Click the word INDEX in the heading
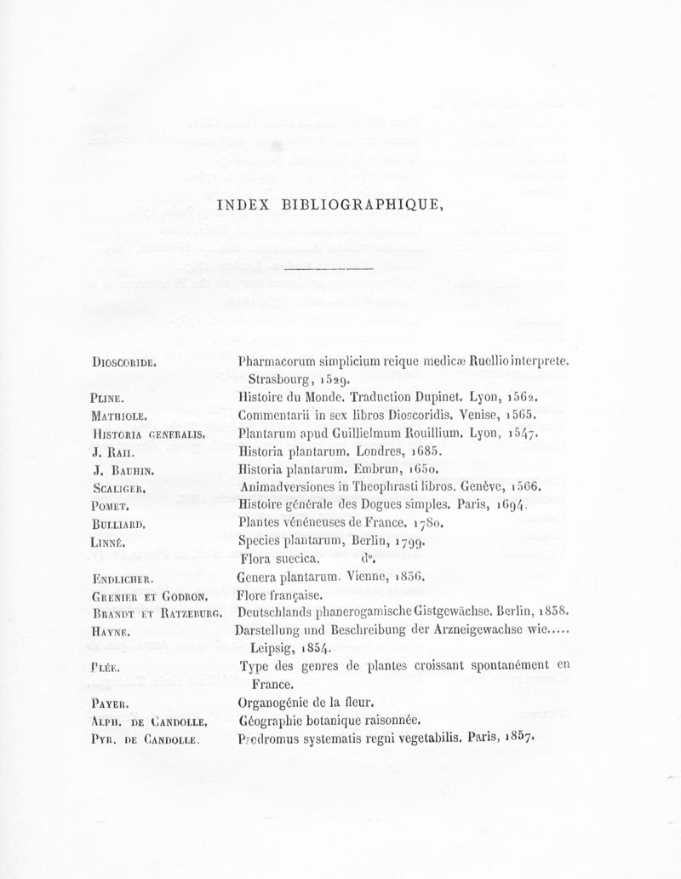coord(243,204)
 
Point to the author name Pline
coord(109,397)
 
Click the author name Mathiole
coord(120,416)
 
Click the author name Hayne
coord(112,630)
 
